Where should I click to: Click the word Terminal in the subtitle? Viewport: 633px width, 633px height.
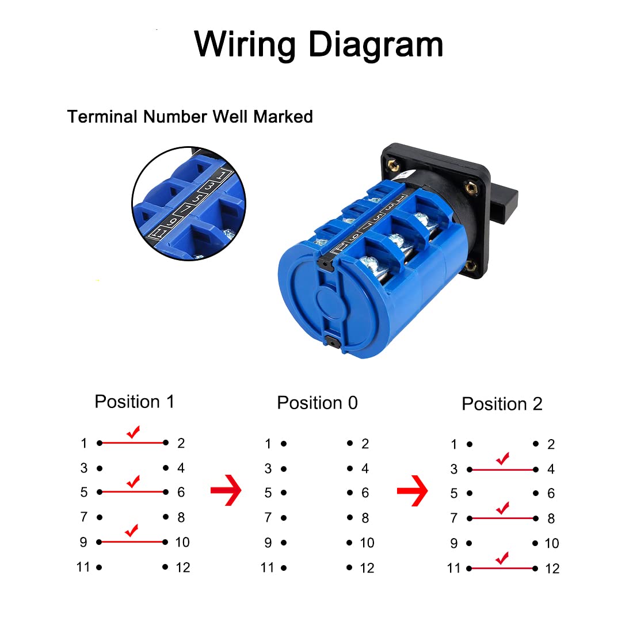(x=103, y=117)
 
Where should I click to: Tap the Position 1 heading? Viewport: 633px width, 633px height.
(x=134, y=402)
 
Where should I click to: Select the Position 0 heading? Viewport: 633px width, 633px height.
(x=317, y=403)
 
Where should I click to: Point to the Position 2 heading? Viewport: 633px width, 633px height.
(x=502, y=404)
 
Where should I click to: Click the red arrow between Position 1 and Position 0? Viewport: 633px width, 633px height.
(x=226, y=490)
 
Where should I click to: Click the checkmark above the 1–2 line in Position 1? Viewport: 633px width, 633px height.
(x=133, y=432)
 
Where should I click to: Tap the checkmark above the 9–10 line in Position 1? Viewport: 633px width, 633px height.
(x=132, y=530)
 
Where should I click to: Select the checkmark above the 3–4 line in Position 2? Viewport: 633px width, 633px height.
(x=502, y=459)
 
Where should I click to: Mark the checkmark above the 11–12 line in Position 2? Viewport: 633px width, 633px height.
(x=502, y=557)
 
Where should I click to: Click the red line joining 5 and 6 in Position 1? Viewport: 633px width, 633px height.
(x=132, y=492)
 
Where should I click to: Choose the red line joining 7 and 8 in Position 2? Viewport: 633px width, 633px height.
(x=502, y=518)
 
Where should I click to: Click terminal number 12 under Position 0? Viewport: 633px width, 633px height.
(x=367, y=568)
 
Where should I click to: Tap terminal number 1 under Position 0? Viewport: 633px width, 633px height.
(x=268, y=444)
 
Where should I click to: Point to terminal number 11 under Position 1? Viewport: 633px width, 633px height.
(x=83, y=567)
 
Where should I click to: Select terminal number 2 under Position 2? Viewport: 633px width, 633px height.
(x=551, y=444)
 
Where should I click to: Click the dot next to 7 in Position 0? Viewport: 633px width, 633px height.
(x=284, y=518)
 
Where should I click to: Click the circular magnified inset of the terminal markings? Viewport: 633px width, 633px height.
(x=189, y=203)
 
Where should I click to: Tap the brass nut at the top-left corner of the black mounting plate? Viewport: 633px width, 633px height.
(x=395, y=165)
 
